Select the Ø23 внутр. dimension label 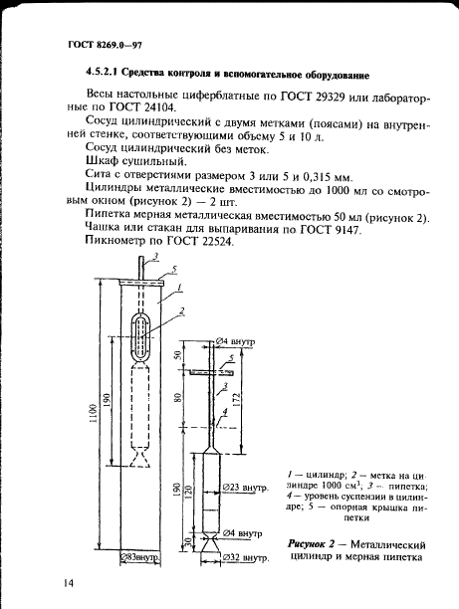[244, 489]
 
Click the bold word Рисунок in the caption [309, 546]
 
